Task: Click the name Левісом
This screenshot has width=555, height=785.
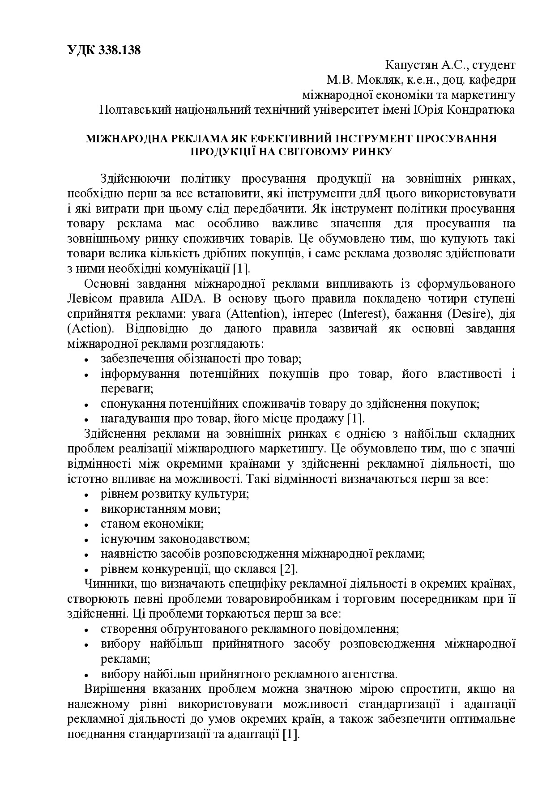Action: (87, 299)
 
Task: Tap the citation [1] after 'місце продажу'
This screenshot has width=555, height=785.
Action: (356, 419)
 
